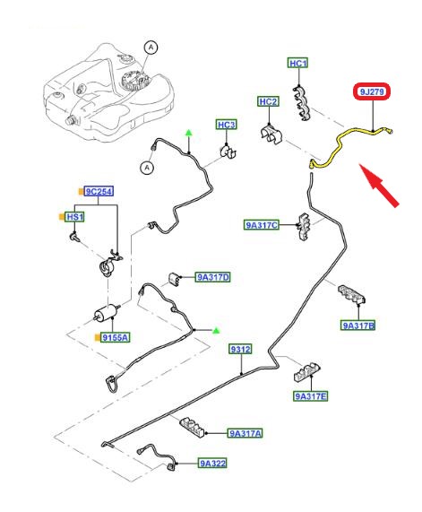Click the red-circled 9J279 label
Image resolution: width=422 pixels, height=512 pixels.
pos(372,91)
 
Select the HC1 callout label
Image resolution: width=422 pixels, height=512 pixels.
pos(297,63)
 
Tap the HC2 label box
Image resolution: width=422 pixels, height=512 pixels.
pos(268,101)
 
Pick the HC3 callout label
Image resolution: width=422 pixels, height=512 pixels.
pos(226,125)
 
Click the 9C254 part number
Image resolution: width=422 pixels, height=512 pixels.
pos(99,191)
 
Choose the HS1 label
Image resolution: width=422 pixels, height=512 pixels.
pos(75,217)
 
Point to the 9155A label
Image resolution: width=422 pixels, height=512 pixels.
pos(115,337)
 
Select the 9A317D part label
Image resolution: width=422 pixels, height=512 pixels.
pos(213,277)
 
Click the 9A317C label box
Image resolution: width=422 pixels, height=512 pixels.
pos(262,225)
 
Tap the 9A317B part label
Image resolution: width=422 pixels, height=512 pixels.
pos(358,325)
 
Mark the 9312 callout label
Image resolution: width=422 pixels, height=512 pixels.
pos(240,350)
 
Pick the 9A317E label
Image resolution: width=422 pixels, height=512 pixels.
pos(310,396)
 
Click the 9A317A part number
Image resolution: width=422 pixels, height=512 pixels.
pos(245,433)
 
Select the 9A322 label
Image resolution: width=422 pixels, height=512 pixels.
pos(213,463)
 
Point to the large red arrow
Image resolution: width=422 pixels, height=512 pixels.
pos(379,185)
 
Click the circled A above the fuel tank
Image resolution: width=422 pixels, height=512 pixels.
pos(151,48)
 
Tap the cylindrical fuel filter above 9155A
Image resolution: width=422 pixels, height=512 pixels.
pos(107,312)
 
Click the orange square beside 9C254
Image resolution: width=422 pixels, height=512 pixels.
pos(81,192)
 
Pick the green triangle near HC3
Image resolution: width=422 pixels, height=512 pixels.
pos(189,133)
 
